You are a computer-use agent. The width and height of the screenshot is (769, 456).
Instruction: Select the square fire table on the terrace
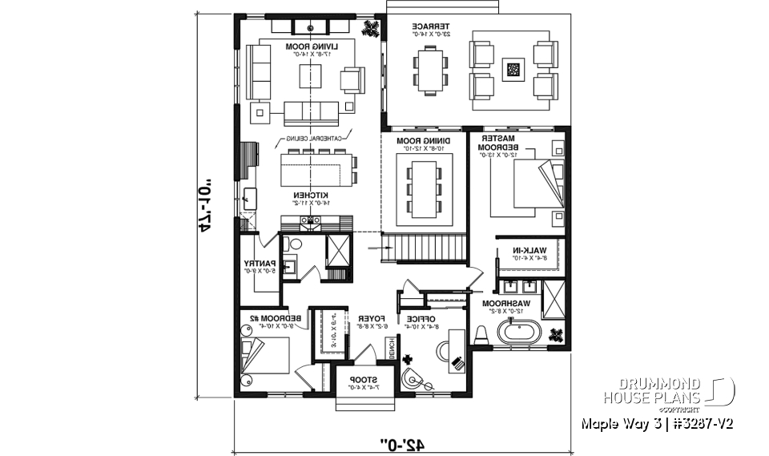(x=513, y=71)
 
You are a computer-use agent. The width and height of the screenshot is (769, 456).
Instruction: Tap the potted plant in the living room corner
(x=372, y=28)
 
